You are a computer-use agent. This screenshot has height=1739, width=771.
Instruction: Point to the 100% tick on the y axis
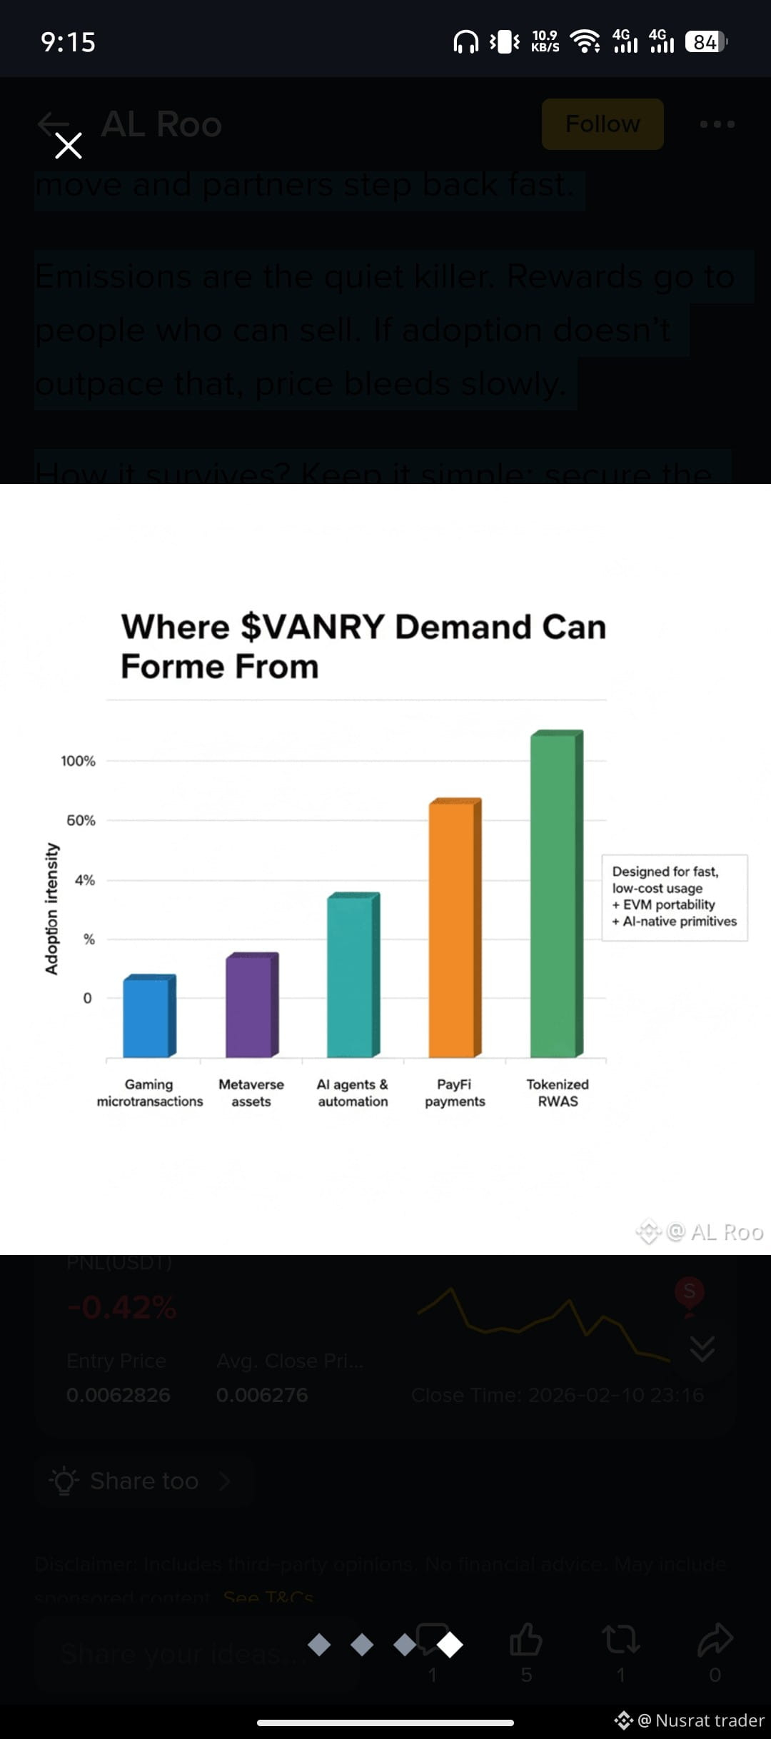pyautogui.click(x=79, y=761)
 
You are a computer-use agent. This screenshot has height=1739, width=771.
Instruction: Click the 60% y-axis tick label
pyautogui.click(x=81, y=820)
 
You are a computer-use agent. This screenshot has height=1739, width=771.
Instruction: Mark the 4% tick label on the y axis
pyautogui.click(x=85, y=880)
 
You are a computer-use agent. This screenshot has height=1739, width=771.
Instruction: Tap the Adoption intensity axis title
pyautogui.click(x=51, y=908)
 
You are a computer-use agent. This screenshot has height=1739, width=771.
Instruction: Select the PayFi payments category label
pyautogui.click(x=455, y=1092)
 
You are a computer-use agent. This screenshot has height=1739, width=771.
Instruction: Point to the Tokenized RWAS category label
pyautogui.click(x=558, y=1092)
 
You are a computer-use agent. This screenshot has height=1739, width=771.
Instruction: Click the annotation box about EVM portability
pyautogui.click(x=675, y=897)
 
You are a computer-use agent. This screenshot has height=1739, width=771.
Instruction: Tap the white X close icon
pyautogui.click(x=69, y=146)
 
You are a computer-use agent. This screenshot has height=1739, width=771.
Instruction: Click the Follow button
pyautogui.click(x=603, y=124)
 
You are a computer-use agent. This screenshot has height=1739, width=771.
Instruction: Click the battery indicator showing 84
pyautogui.click(x=705, y=42)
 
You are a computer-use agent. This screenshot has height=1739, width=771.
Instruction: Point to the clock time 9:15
pyautogui.click(x=69, y=42)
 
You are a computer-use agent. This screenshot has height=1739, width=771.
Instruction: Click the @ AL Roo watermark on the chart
pyautogui.click(x=715, y=1231)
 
